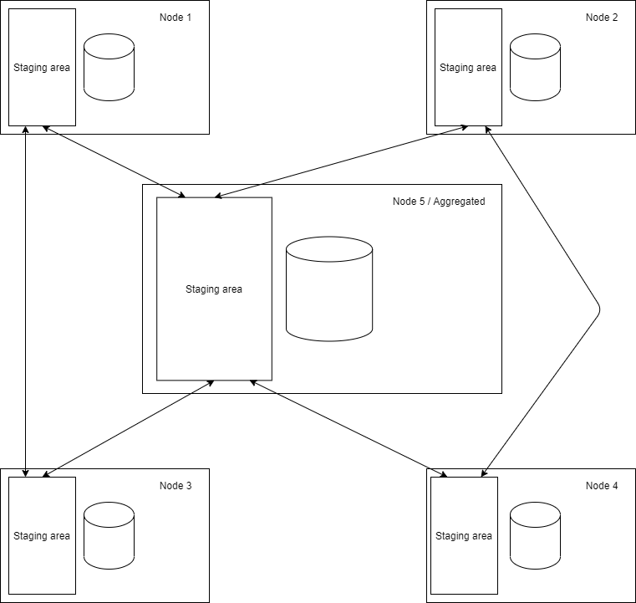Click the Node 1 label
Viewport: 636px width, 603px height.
pyautogui.click(x=176, y=18)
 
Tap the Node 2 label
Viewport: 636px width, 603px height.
pyautogui.click(x=602, y=18)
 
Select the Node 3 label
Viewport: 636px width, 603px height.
pyautogui.click(x=176, y=486)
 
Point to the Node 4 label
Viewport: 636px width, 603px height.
pyautogui.click(x=602, y=486)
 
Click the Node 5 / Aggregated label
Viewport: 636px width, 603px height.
pyautogui.click(x=439, y=202)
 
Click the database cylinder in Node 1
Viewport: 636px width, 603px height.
pyautogui.click(x=109, y=68)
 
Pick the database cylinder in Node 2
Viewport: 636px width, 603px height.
pyautogui.click(x=535, y=68)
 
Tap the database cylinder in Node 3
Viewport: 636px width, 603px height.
pyautogui.click(x=109, y=536)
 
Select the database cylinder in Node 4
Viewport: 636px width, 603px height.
pyautogui.click(x=535, y=536)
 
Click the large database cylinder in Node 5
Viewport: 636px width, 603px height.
pyautogui.click(x=329, y=289)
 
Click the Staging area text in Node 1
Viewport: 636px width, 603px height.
pyautogui.click(x=42, y=68)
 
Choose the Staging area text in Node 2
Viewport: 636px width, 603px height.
pyautogui.click(x=468, y=68)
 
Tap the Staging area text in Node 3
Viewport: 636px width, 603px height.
pyautogui.click(x=42, y=536)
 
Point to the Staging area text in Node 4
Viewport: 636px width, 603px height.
pyautogui.click(x=464, y=536)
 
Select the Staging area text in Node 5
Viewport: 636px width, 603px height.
pyautogui.click(x=214, y=289)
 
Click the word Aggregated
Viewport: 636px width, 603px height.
pyautogui.click(x=459, y=202)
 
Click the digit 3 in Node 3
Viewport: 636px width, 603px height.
pyautogui.click(x=189, y=486)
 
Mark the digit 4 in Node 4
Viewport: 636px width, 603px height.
pyautogui.click(x=615, y=486)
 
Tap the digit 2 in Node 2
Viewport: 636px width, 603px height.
pyautogui.click(x=615, y=18)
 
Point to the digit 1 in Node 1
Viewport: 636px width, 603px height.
pyautogui.click(x=189, y=18)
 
